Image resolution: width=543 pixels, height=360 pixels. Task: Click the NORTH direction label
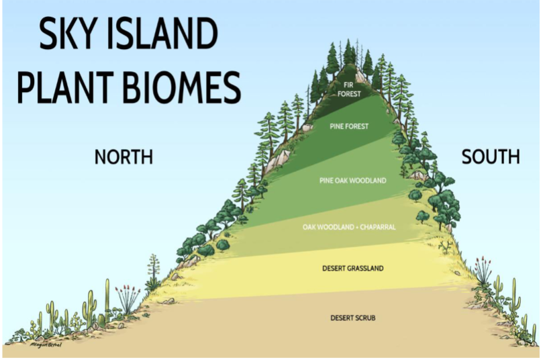pos(124,157)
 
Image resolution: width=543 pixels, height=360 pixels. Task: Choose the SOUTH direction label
pos(491,157)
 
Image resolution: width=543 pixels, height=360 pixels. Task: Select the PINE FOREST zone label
pos(349,126)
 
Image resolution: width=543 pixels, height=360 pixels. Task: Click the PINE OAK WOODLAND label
pos(352,180)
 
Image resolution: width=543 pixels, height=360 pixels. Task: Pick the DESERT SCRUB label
pos(352,317)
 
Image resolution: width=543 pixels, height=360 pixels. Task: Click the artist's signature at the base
pos(46,345)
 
